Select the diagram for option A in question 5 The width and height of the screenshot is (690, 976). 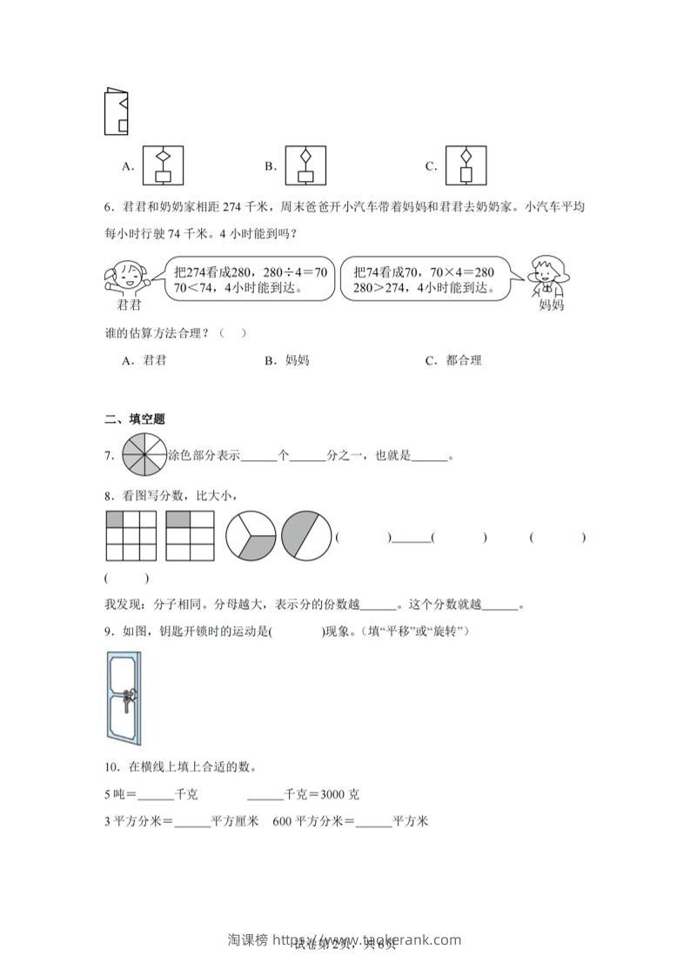[162, 165]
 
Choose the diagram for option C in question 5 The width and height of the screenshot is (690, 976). [465, 165]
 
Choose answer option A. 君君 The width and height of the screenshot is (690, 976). [144, 360]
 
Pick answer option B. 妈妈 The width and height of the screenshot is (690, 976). [287, 360]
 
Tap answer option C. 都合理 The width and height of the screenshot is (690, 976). [453, 360]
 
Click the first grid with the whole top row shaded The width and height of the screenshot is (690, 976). [131, 536]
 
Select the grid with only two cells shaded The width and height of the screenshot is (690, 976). [190, 536]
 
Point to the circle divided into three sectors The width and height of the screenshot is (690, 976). [251, 536]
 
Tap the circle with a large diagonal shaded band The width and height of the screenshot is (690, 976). [305, 536]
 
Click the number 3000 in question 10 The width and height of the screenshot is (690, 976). [333, 794]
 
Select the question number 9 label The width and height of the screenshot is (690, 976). [109, 632]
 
